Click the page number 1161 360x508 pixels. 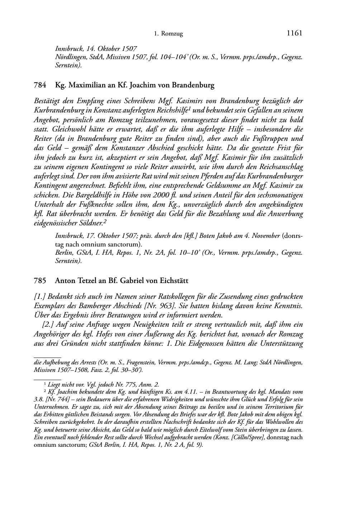(295, 33)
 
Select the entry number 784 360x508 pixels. (39, 85)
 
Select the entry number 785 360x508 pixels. (39, 281)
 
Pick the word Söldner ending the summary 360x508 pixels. (91, 224)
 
